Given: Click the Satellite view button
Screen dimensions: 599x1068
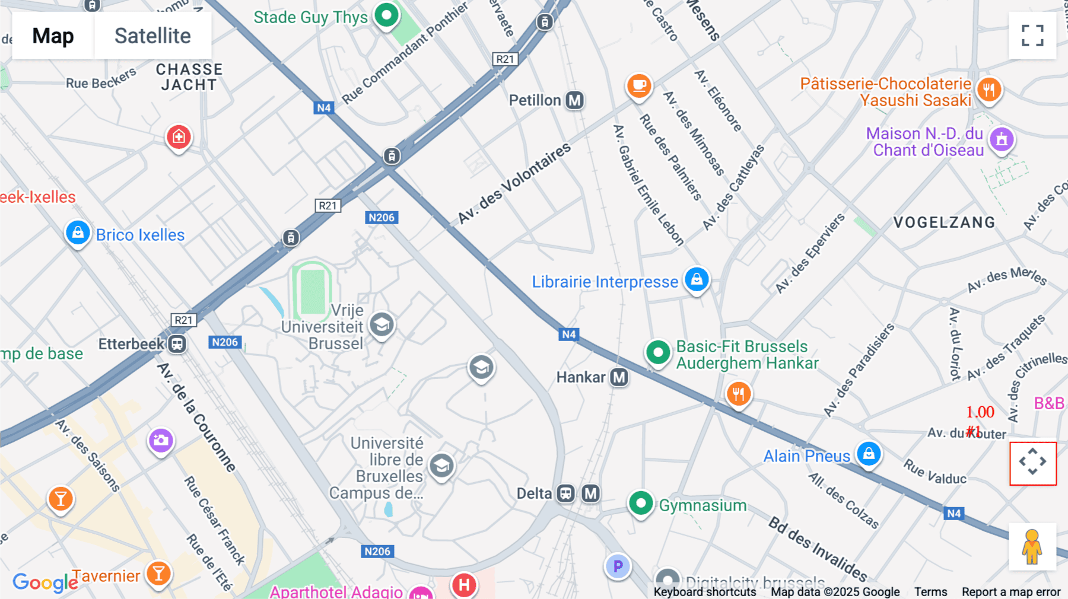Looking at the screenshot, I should pyautogui.click(x=152, y=36).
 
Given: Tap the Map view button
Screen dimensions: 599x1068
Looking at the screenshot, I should pyautogui.click(x=53, y=36).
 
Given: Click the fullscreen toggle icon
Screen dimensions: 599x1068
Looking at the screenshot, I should pyautogui.click(x=1032, y=36).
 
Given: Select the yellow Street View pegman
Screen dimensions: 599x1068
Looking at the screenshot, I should pyautogui.click(x=1032, y=547).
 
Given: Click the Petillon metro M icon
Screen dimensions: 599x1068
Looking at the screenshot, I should pyautogui.click(x=574, y=100).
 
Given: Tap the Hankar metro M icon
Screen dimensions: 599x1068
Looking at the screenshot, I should pyautogui.click(x=619, y=377).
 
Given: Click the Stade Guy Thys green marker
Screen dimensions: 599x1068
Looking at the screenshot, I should pyautogui.click(x=387, y=14).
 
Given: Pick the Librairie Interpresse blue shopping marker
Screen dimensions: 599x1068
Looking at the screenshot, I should pyautogui.click(x=697, y=279).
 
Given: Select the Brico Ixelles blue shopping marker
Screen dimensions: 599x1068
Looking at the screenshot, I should pyautogui.click(x=78, y=232).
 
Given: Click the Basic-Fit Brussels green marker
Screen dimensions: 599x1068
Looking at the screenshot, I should pyautogui.click(x=657, y=352).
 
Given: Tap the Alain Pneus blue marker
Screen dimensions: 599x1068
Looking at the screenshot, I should pyautogui.click(x=869, y=454).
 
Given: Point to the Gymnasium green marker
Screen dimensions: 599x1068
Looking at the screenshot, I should pyautogui.click(x=641, y=504).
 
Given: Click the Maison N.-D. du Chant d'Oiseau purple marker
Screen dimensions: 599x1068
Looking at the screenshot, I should pyautogui.click(x=1002, y=140).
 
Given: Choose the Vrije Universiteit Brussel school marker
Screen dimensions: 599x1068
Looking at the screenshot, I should pyautogui.click(x=382, y=324).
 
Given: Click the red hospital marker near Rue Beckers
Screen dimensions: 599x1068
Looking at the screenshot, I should pyautogui.click(x=179, y=138).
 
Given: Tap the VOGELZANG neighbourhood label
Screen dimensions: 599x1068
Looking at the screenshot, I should pyautogui.click(x=944, y=222).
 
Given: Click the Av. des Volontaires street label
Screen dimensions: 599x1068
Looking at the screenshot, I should pyautogui.click(x=514, y=184).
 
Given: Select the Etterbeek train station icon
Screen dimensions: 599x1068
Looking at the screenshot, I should pyautogui.click(x=177, y=344).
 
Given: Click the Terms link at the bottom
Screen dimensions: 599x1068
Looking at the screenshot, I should pyautogui.click(x=930, y=592).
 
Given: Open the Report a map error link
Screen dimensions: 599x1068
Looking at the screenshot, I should pyautogui.click(x=1010, y=592).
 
